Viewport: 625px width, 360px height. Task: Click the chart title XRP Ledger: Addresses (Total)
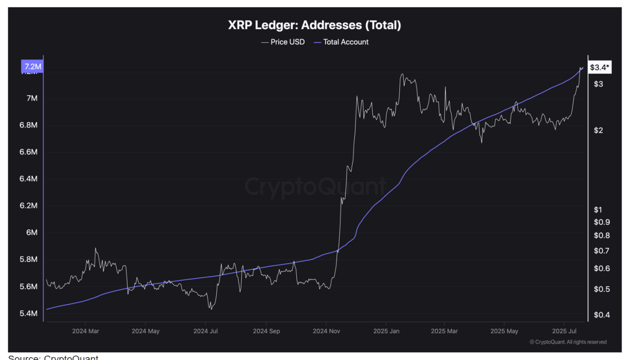[x=314, y=25]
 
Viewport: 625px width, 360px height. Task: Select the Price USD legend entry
[x=283, y=42]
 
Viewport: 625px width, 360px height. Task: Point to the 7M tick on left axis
[x=32, y=99]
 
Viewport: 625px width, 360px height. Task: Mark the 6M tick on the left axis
[x=32, y=233]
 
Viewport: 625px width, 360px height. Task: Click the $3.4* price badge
[x=599, y=67]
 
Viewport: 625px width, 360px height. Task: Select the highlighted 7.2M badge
[x=31, y=66]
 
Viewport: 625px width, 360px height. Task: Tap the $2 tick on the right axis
[x=599, y=130]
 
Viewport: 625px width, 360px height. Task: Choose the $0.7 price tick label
[x=602, y=251]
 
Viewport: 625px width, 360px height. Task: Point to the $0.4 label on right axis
[x=602, y=315]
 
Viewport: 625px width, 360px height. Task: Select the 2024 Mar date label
[x=85, y=331]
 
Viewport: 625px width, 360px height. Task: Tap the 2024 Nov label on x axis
[x=327, y=331]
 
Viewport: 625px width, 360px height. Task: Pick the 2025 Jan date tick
[x=386, y=331]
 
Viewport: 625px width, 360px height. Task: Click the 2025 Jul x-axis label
[x=564, y=331]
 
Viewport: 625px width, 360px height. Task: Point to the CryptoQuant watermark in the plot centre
[x=315, y=187]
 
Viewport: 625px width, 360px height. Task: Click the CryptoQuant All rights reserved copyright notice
[x=568, y=342]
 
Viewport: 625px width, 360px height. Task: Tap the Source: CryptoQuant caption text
[x=53, y=358]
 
